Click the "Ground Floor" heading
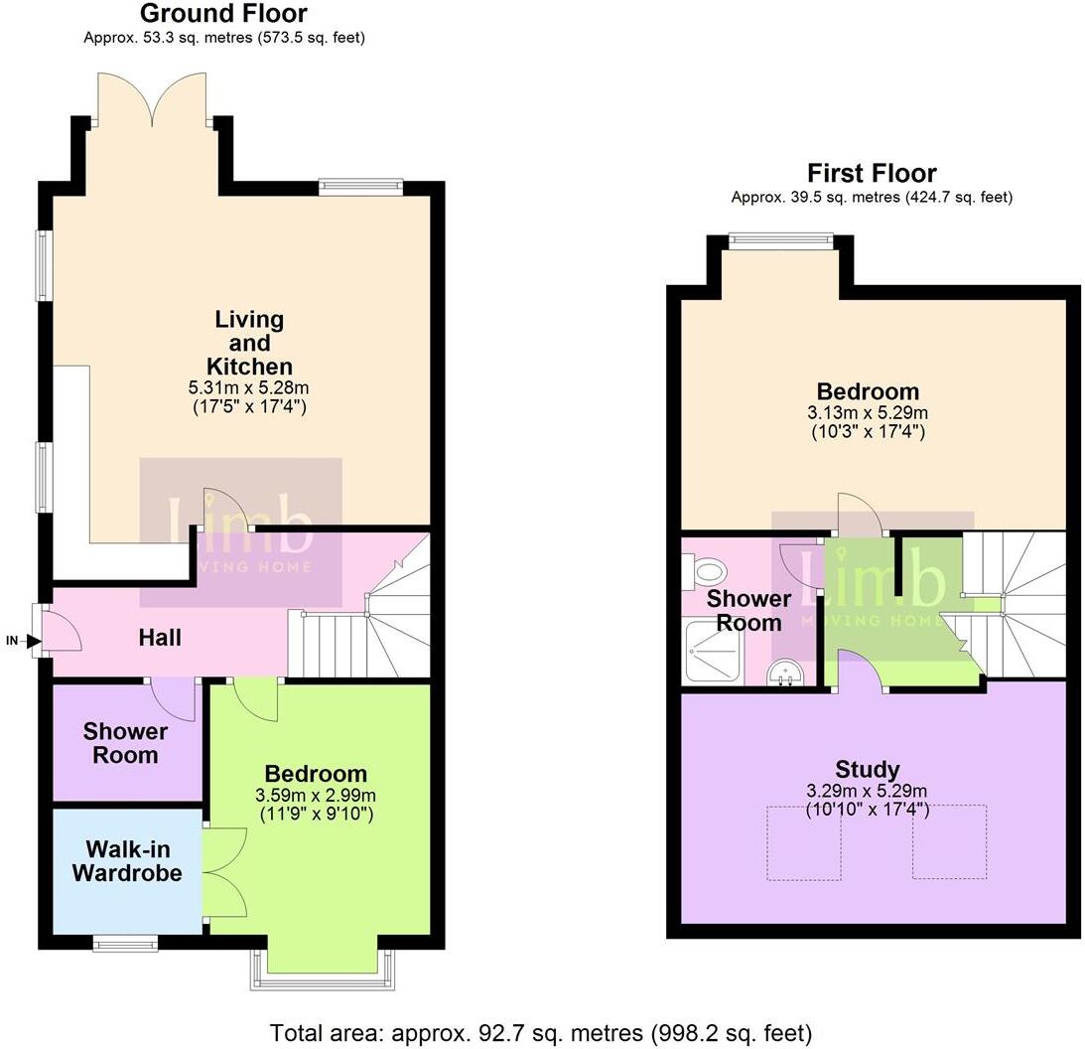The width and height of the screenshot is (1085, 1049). pyautogui.click(x=223, y=14)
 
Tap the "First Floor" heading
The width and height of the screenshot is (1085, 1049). pyautogui.click(x=872, y=173)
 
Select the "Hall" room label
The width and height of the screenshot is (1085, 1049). pyautogui.click(x=160, y=637)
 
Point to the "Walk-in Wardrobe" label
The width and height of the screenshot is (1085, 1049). pyautogui.click(x=134, y=861)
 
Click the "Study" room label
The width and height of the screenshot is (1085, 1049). pyautogui.click(x=868, y=769)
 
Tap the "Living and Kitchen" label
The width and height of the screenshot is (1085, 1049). pyautogui.click(x=249, y=343)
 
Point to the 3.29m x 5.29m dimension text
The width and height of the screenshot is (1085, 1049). pyautogui.click(x=868, y=792)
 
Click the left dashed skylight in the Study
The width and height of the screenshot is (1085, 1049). pyautogui.click(x=803, y=842)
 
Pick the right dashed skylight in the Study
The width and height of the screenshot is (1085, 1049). pyautogui.click(x=949, y=842)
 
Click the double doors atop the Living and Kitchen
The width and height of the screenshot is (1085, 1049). pyautogui.click(x=152, y=99)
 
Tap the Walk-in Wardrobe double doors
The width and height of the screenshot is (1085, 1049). pyautogui.click(x=223, y=873)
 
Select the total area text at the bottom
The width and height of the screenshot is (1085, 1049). pyautogui.click(x=541, y=1033)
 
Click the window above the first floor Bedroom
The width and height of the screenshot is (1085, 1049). pyautogui.click(x=780, y=237)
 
